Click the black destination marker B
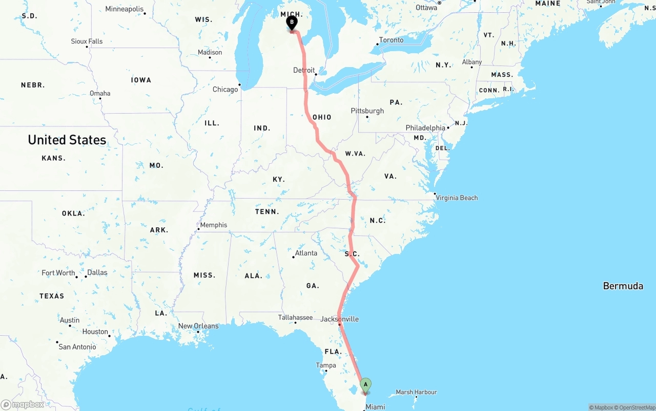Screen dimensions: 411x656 click(292, 23)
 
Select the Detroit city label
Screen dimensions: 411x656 click(304, 70)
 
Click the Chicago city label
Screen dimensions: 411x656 click(225, 90)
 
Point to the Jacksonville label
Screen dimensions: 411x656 click(339, 319)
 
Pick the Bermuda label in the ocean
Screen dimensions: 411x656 click(623, 286)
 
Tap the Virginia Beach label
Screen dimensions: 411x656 click(457, 198)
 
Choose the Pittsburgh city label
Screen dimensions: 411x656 click(367, 111)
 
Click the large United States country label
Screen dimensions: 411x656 click(67, 140)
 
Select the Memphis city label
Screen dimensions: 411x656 click(213, 225)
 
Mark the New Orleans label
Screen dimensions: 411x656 click(198, 326)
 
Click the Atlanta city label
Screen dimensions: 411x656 click(306, 253)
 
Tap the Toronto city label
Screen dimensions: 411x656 click(391, 40)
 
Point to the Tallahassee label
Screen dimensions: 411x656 click(295, 317)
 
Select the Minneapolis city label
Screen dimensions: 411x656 click(125, 9)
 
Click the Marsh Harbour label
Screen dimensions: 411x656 click(416, 392)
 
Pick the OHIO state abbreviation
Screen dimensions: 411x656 click(322, 117)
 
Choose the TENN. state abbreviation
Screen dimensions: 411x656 click(267, 211)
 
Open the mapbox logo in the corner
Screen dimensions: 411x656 click(23, 404)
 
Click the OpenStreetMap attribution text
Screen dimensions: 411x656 click(635, 407)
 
